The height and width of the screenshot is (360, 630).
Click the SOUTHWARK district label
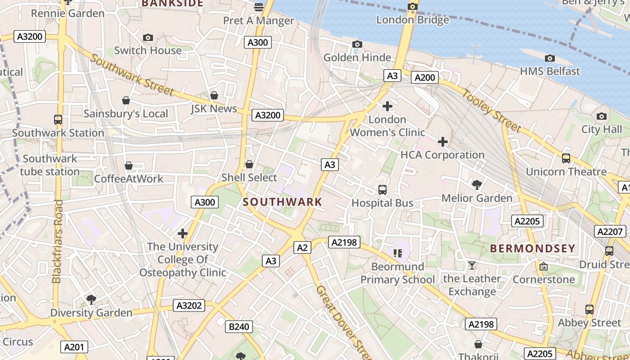pyautogui.click(x=283, y=202)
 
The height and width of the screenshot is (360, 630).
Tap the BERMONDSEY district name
pyautogui.click(x=532, y=248)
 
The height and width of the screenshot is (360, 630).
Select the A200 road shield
pyautogui.click(x=425, y=77)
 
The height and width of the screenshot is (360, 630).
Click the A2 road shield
pyautogui.click(x=302, y=247)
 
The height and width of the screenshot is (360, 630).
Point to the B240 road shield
pyautogui.click(x=239, y=327)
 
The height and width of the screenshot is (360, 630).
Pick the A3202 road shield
pyautogui.click(x=189, y=306)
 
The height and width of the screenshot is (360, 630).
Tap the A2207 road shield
pyautogui.click(x=610, y=232)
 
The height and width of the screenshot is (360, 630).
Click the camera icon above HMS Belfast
pyautogui.click(x=549, y=58)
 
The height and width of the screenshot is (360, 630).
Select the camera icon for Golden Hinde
pyautogui.click(x=357, y=44)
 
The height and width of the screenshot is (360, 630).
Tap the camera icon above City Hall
pyautogui.click(x=601, y=117)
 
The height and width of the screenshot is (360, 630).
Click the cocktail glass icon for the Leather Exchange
pyautogui.click(x=472, y=265)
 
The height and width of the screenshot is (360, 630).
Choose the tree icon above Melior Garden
pyautogui.click(x=477, y=184)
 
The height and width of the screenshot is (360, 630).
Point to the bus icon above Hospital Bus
pyautogui.click(x=382, y=189)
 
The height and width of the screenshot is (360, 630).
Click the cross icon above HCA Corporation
pyautogui.click(x=443, y=142)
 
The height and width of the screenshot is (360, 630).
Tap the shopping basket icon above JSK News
pyautogui.click(x=214, y=95)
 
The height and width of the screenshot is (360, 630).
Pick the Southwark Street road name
pyautogui.click(x=132, y=75)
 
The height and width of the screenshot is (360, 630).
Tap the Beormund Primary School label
pyautogui.click(x=398, y=273)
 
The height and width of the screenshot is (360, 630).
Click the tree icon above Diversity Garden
pyautogui.click(x=91, y=299)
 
